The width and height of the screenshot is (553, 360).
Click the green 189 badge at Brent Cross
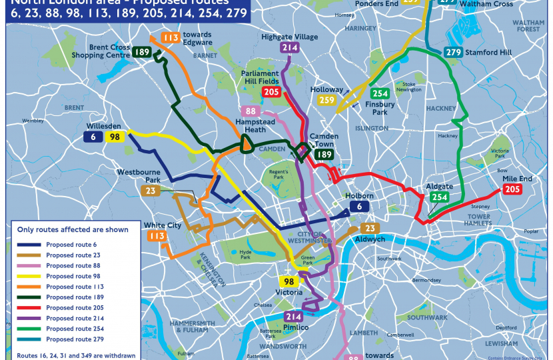(141, 53)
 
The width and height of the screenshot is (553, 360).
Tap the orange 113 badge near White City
(157, 236)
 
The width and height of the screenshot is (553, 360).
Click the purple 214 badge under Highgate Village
(289, 47)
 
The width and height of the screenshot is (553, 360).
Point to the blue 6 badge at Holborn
(359, 207)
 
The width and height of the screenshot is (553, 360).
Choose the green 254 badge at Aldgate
(439, 197)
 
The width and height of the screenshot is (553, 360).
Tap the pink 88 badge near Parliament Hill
(251, 111)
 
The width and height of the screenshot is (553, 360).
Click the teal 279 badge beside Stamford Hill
(454, 53)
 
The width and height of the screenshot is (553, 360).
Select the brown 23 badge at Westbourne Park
(150, 191)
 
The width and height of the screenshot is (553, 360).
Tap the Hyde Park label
(246, 253)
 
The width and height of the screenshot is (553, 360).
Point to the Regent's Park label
(278, 178)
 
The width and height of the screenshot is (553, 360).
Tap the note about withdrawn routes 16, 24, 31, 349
(71, 355)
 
